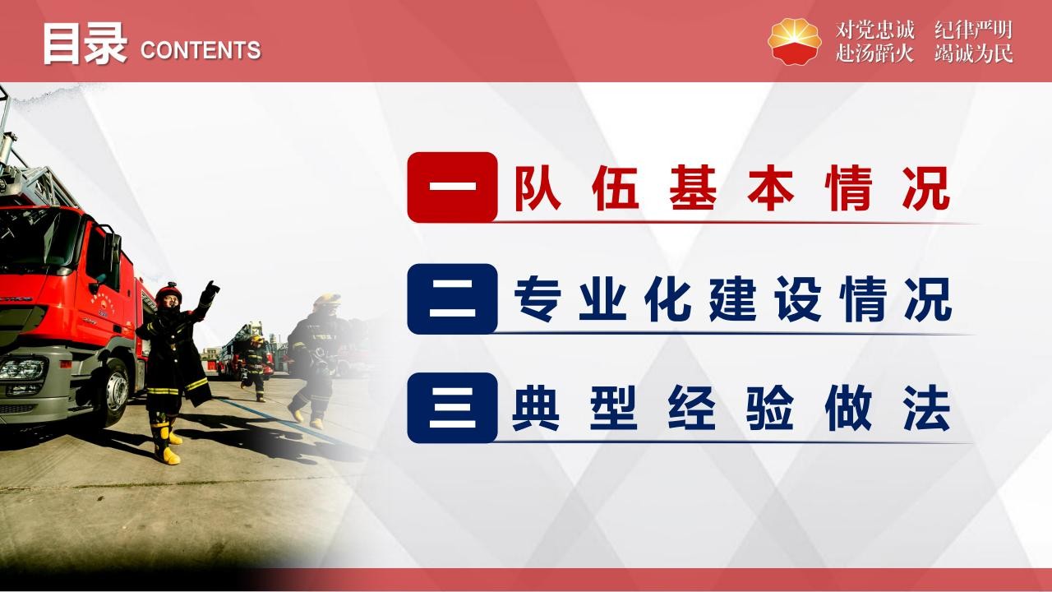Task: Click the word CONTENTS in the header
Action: click(201, 50)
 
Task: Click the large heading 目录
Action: click(85, 44)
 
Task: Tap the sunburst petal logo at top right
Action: click(794, 41)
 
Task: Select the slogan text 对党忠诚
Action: click(875, 30)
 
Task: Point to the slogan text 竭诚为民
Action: click(974, 53)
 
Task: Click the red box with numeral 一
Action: click(452, 187)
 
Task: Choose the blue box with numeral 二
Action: click(452, 298)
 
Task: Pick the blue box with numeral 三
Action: click(452, 408)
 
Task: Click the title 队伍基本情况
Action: click(732, 188)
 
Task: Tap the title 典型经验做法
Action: click(731, 408)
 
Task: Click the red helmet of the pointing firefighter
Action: click(168, 293)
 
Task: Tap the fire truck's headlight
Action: click(22, 369)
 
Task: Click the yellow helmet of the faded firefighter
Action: click(327, 301)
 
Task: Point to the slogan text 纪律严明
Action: click(972, 30)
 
